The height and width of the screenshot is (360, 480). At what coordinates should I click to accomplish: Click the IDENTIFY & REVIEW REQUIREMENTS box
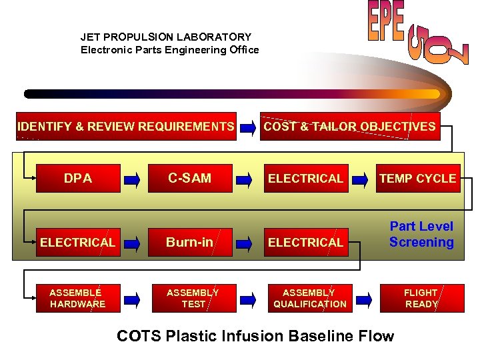click(x=126, y=127)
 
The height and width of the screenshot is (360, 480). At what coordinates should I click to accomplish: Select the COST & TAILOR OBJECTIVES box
click(x=349, y=127)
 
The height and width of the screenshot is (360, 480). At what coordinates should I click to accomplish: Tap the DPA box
click(x=78, y=178)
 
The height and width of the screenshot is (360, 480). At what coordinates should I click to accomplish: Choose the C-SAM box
click(x=189, y=178)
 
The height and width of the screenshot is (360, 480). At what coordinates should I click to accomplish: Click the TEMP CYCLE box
click(x=417, y=178)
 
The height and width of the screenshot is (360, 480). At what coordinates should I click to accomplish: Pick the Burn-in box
click(x=189, y=242)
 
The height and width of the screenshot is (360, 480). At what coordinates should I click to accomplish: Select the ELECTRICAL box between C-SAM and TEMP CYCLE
click(x=305, y=178)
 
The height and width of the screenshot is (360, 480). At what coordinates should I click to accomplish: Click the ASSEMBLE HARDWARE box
click(x=77, y=298)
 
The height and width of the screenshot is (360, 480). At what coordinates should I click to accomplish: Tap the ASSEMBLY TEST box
click(x=193, y=298)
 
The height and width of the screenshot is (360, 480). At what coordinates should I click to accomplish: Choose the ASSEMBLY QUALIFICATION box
click(x=309, y=298)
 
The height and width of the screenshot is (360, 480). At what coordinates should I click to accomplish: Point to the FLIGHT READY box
click(x=421, y=298)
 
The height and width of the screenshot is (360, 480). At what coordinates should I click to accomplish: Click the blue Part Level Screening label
click(x=421, y=235)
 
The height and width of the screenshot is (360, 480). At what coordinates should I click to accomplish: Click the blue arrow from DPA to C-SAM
click(x=133, y=179)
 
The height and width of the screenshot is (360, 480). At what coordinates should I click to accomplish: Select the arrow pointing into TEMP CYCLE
click(x=360, y=179)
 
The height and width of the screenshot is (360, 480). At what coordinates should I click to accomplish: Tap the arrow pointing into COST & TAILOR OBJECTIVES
click(x=247, y=127)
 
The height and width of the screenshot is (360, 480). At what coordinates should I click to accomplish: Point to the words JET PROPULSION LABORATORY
click(x=166, y=37)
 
